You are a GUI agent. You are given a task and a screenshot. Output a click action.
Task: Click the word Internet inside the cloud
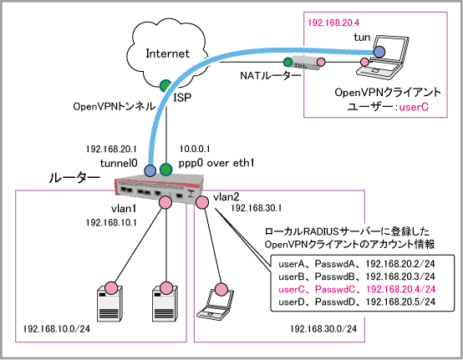[167, 53]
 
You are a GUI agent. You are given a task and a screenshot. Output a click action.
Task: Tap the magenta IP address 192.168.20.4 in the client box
[333, 23]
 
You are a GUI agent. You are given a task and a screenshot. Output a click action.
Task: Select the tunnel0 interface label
[119, 163]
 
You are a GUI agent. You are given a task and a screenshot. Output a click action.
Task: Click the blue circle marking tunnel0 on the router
[150, 170]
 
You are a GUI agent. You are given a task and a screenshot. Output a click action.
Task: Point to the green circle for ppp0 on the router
[165, 170]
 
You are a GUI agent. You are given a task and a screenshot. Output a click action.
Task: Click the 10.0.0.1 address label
[195, 149]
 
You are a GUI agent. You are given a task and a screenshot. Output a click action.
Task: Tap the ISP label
[182, 98]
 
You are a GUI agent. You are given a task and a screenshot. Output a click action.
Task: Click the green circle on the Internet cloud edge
[165, 85]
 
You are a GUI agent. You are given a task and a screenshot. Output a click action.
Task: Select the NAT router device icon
[306, 63]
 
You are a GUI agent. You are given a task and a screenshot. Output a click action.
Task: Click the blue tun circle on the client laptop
[379, 52]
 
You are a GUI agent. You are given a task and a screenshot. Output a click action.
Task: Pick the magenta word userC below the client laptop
[414, 107]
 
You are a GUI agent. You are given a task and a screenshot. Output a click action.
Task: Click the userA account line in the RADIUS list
[357, 264]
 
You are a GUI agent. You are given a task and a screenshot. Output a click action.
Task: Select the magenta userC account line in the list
[357, 289]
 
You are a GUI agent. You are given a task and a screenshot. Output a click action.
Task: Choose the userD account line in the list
[357, 302]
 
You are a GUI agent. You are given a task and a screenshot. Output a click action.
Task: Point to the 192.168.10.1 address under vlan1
[111, 222]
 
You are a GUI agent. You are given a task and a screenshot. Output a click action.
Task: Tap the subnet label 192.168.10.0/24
[56, 329]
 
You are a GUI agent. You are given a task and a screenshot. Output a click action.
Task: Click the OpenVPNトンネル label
[114, 106]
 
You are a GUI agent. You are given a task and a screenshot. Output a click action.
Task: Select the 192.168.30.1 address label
[257, 208]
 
